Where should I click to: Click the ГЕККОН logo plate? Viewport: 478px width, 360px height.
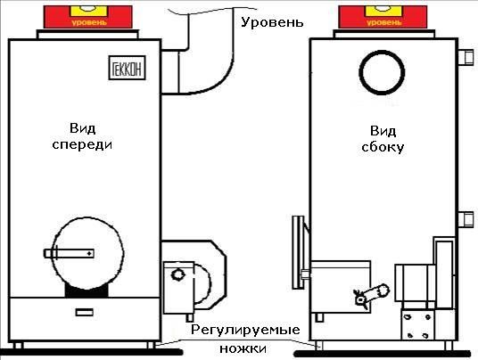128,68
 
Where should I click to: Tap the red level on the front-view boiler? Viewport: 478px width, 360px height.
88,17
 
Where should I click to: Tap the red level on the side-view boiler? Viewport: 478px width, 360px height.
383,17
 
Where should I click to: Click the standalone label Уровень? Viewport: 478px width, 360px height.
272,22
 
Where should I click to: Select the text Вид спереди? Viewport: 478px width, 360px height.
82,136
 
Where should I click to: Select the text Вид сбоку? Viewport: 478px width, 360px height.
383,139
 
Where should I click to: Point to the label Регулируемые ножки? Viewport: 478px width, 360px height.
244,339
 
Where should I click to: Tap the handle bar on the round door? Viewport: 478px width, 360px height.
69,253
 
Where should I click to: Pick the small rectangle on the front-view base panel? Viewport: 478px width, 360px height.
85,312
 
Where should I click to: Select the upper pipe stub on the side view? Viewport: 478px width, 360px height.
466,57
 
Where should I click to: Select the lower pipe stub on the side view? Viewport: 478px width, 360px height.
466,219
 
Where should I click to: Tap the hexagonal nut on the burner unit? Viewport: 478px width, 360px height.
177,274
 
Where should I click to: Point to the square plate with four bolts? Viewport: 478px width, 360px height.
417,324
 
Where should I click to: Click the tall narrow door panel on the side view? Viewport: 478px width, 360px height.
298,252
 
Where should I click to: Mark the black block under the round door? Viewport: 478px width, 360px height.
87,291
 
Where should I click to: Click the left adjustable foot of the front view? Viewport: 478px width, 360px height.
18,346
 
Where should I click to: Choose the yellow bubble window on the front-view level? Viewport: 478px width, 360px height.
87,11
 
